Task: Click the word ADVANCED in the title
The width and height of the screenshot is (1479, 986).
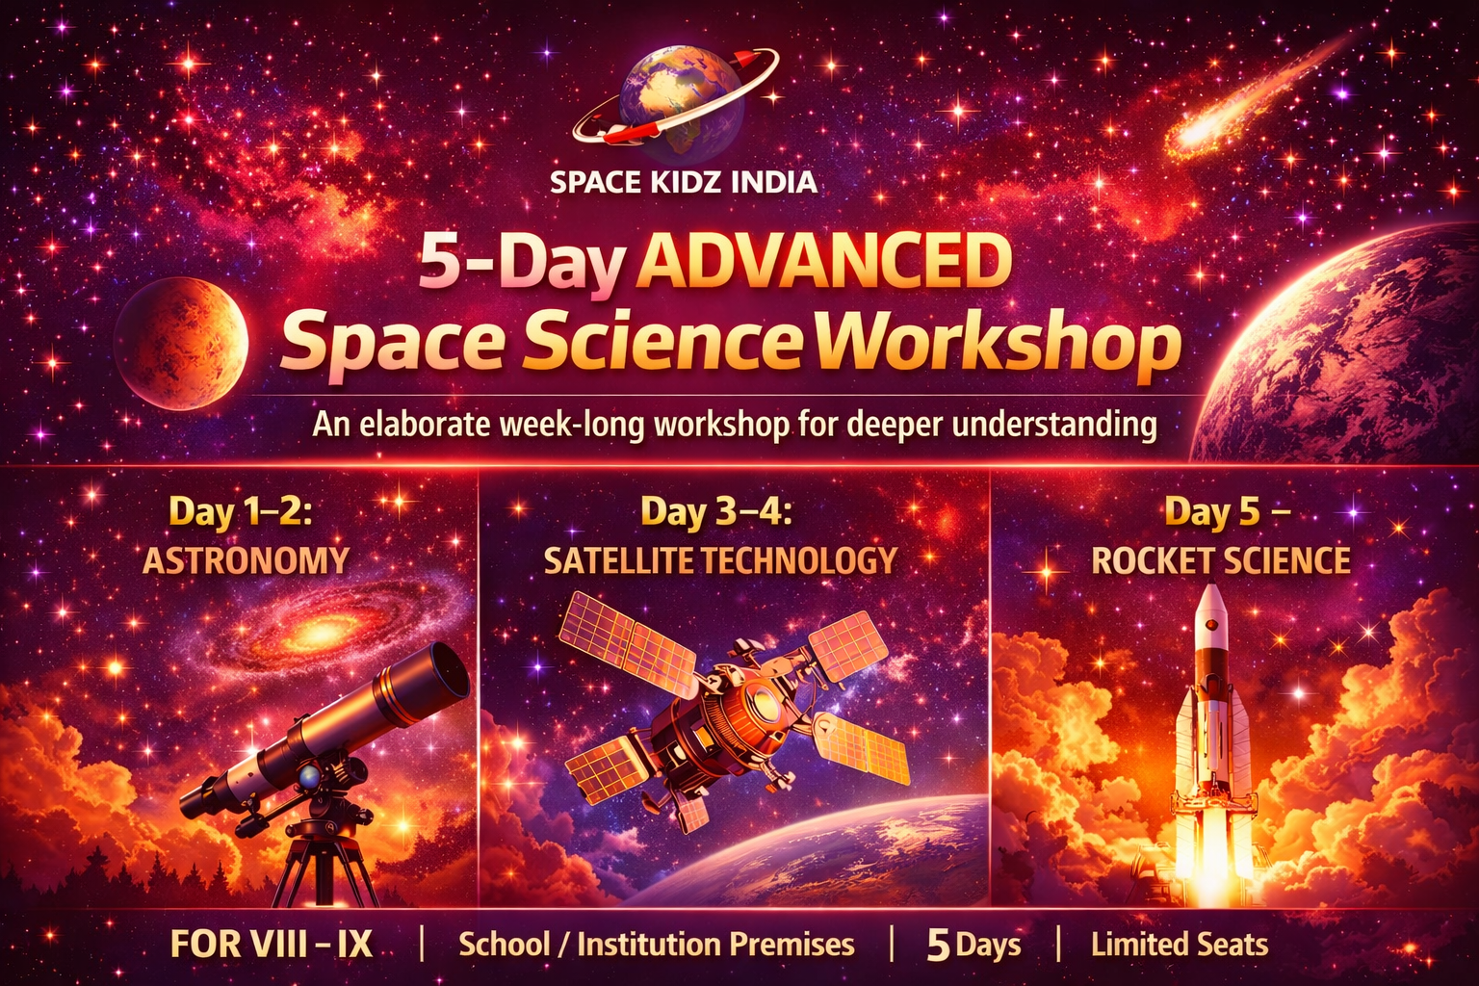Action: (x=824, y=264)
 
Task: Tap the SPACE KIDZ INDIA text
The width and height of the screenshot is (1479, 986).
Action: (x=684, y=182)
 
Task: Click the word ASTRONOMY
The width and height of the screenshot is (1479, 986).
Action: (x=246, y=560)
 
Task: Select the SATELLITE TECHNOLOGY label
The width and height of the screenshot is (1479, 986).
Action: (x=720, y=560)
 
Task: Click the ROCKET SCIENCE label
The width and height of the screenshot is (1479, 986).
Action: (x=1221, y=560)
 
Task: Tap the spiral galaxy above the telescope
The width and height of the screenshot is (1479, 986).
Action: (x=323, y=631)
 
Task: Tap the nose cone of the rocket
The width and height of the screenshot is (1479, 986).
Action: (x=1211, y=602)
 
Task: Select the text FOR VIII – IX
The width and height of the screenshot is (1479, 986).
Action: (x=272, y=945)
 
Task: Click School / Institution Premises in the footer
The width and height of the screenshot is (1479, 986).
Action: (x=656, y=945)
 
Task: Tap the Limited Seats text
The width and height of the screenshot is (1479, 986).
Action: (x=1179, y=945)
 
